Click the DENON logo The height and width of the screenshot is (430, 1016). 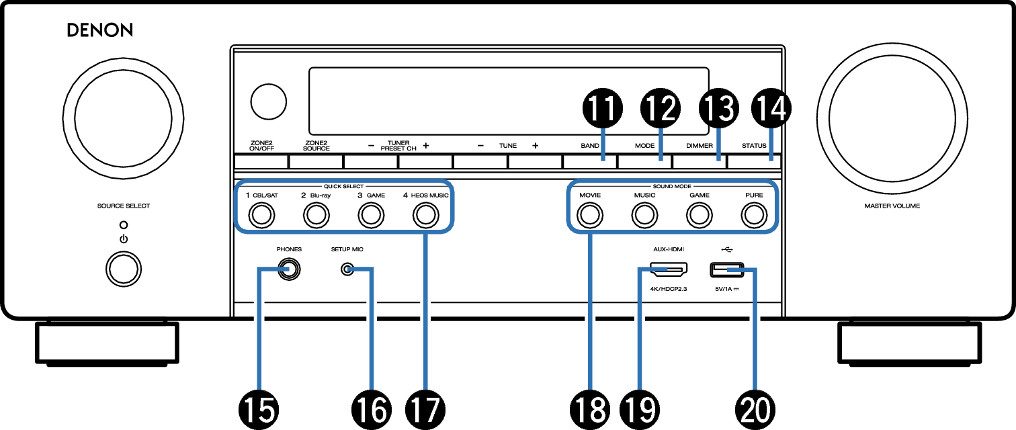click(99, 30)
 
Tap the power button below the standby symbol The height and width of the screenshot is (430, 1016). click(124, 269)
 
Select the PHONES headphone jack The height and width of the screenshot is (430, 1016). click(289, 269)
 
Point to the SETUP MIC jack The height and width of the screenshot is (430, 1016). click(347, 269)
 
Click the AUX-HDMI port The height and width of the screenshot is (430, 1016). click(669, 269)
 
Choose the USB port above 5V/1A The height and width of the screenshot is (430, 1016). click(726, 270)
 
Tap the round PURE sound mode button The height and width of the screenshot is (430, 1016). click(754, 215)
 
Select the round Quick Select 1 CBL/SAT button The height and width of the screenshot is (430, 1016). click(261, 215)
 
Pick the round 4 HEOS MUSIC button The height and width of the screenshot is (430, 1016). click(426, 215)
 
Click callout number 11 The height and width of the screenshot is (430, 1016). click(602, 108)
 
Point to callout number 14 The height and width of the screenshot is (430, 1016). click(771, 108)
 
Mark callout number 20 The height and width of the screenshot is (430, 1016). click(755, 410)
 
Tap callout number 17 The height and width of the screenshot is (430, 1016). click(425, 410)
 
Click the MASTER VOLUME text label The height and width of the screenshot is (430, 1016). click(892, 206)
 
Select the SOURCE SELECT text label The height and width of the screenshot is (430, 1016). click(124, 206)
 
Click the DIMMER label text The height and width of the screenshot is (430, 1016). click(700, 146)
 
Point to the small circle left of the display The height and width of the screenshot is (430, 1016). click(269, 101)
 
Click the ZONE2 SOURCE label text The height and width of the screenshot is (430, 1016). click(316, 146)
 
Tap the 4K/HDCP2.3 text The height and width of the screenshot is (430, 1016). click(669, 289)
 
